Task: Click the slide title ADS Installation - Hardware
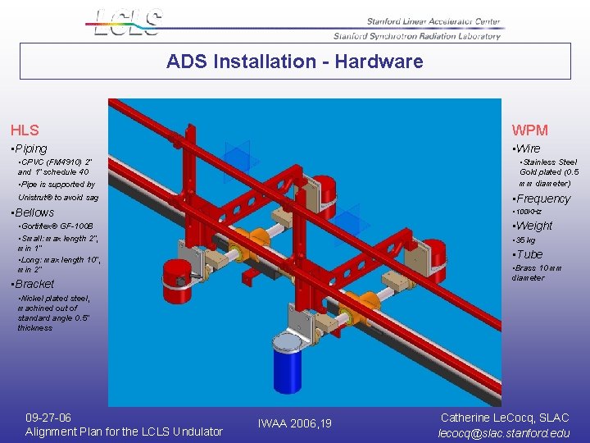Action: pyautogui.click(x=294, y=62)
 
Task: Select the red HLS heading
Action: pyautogui.click(x=25, y=130)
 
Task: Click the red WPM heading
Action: pyautogui.click(x=529, y=130)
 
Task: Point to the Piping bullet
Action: pyautogui.click(x=31, y=148)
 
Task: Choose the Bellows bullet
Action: pyautogui.click(x=34, y=212)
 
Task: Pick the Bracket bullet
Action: pyautogui.click(x=34, y=284)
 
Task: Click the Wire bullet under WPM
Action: pyautogui.click(x=527, y=148)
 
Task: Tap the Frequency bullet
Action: pyautogui.click(x=542, y=199)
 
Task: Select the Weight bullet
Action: pyautogui.click(x=533, y=226)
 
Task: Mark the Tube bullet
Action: pyautogui.click(x=529, y=254)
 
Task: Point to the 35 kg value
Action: pyautogui.click(x=525, y=240)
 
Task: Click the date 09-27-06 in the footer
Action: pyautogui.click(x=48, y=418)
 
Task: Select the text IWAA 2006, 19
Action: pyautogui.click(x=294, y=423)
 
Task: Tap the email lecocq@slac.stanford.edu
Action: pyautogui.click(x=504, y=432)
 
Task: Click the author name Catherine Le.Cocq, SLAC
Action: pyautogui.click(x=505, y=418)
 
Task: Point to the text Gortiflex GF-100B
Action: pyautogui.click(x=57, y=226)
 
